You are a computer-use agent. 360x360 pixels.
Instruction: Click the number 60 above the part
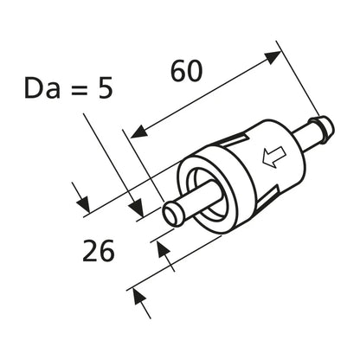tap(187, 71)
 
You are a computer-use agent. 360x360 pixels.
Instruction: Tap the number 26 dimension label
tap(99, 251)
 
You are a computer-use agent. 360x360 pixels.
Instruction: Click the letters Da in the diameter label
tap(42, 88)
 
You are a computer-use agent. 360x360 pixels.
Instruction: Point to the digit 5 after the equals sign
tap(105, 88)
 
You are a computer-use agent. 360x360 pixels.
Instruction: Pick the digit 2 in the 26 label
tap(90, 251)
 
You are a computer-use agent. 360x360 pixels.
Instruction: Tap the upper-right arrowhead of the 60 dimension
tap(273, 58)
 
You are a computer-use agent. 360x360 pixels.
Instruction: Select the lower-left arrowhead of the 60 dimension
tap(138, 132)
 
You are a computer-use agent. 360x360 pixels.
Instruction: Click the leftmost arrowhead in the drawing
tap(83, 204)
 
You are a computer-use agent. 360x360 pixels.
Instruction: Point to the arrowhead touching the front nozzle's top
tap(137, 208)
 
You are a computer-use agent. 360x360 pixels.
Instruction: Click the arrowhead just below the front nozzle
tap(164, 250)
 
